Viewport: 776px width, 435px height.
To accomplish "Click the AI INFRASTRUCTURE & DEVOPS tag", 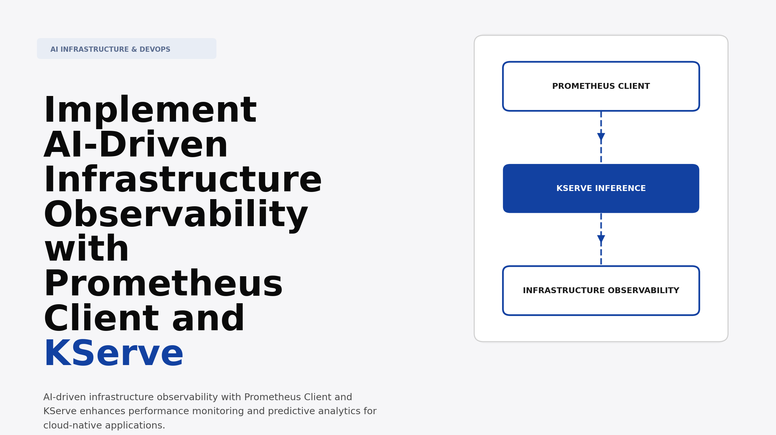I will tap(127, 49).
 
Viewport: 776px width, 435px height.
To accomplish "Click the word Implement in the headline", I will tap(150, 111).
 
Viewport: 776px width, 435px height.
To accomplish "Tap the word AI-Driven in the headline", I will tap(136, 145).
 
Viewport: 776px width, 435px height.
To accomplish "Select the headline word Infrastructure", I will tap(183, 180).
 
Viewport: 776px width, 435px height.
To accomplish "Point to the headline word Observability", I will tap(176, 215).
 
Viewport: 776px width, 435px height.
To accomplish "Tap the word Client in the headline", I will tap(101, 319).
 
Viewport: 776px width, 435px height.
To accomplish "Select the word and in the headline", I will tap(208, 319).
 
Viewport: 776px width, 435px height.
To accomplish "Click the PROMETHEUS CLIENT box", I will tap(601, 86).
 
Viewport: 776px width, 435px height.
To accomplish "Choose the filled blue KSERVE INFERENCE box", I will tap(601, 188).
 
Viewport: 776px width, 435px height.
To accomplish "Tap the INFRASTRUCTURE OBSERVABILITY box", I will tap(601, 291).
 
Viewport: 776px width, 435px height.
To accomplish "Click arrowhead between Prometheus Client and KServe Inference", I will tap(601, 137).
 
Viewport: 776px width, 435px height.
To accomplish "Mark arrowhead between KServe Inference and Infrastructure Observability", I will tap(601, 239).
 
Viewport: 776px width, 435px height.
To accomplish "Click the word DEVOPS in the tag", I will tap(155, 49).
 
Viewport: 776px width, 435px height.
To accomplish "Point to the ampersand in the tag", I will tap(134, 49).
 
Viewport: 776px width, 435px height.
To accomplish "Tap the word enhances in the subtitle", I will tap(102, 411).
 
